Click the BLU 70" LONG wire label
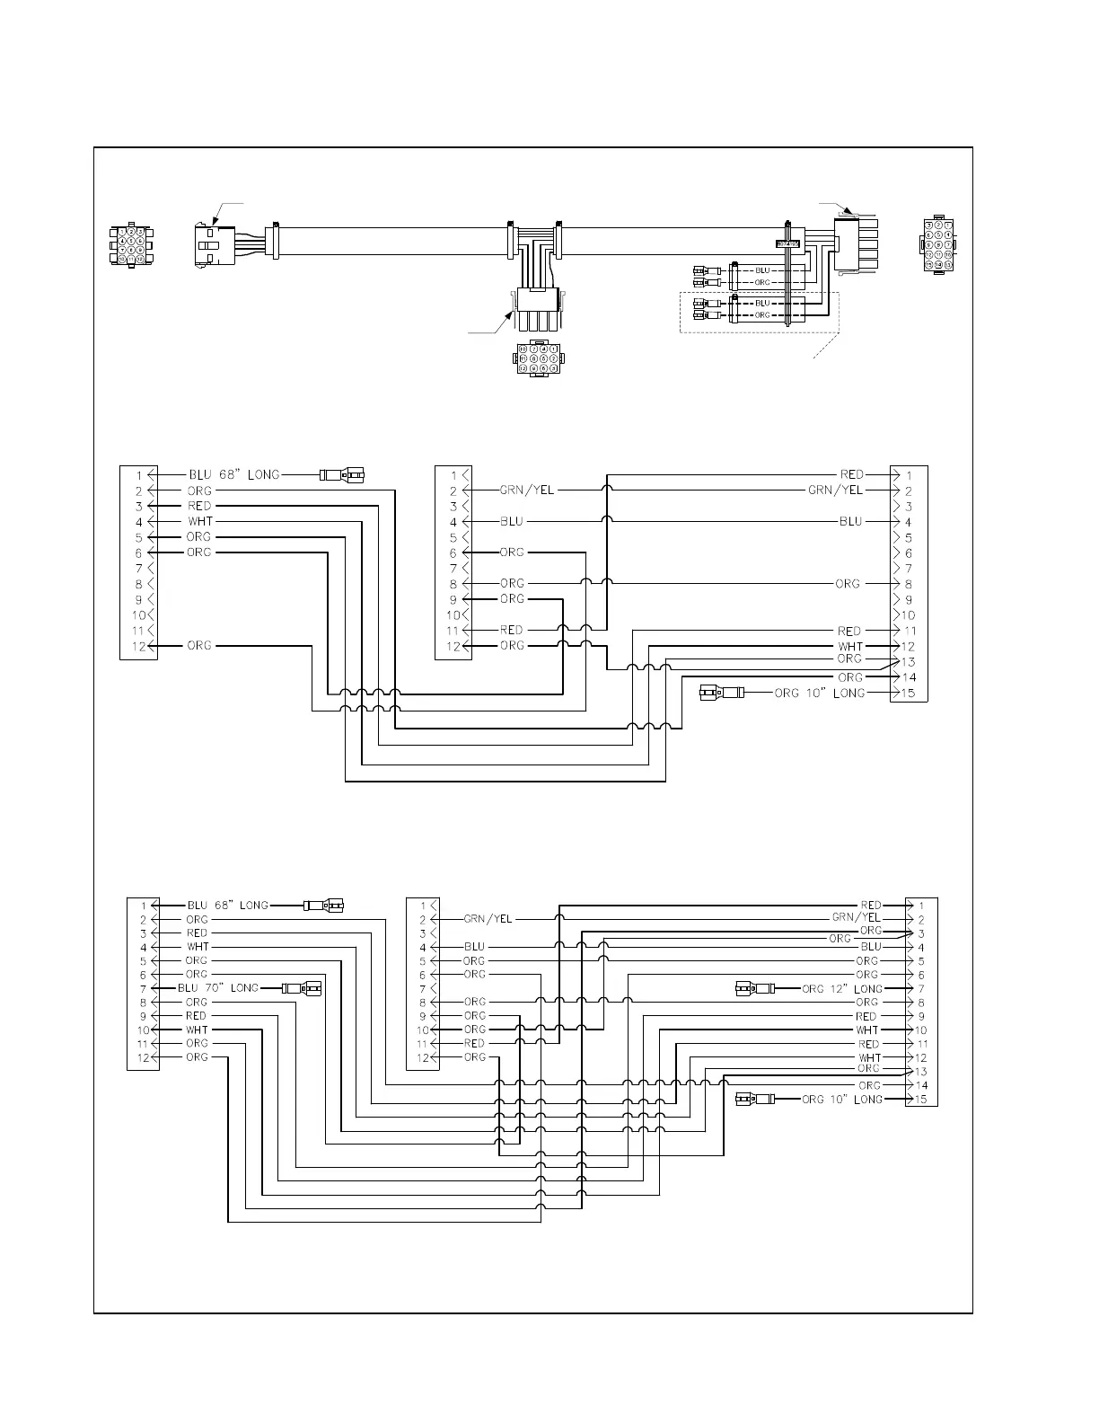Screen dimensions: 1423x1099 click(221, 988)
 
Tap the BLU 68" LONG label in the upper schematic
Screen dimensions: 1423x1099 click(233, 474)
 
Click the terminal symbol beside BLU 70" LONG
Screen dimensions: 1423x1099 click(301, 988)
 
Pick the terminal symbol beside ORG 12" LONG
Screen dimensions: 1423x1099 click(755, 988)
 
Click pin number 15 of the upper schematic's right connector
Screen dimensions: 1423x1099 click(909, 693)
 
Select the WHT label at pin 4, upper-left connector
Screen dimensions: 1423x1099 click(199, 521)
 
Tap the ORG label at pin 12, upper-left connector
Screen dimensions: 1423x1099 click(199, 645)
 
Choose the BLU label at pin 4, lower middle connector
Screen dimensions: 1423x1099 click(474, 947)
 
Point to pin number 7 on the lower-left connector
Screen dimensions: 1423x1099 click(142, 988)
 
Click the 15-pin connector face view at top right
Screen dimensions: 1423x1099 click(937, 243)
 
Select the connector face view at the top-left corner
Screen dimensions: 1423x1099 click(131, 243)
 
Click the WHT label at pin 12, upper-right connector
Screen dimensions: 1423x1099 click(849, 646)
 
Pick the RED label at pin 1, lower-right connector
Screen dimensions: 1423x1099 click(870, 905)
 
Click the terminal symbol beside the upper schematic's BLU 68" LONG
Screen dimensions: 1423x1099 click(342, 474)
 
